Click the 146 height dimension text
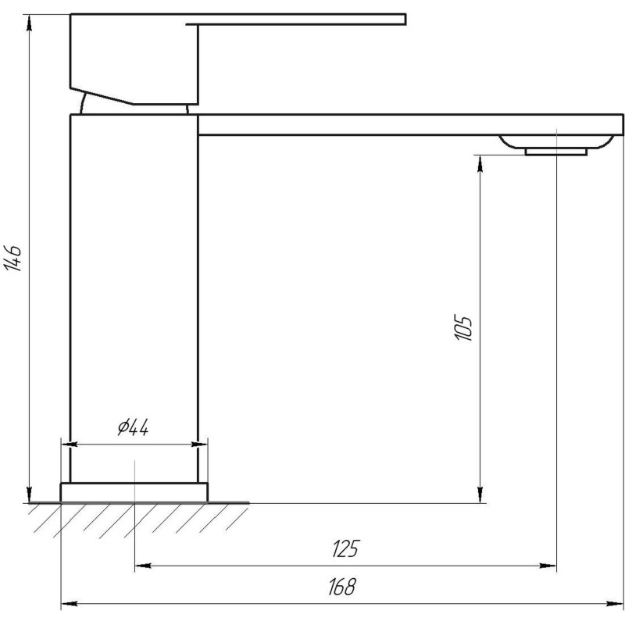pyautogui.click(x=13, y=258)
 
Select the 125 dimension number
pyautogui.click(x=345, y=549)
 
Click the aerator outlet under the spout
pyautogui.click(x=556, y=151)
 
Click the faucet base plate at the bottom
pyautogui.click(x=134, y=492)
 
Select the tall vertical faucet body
pyautogui.click(x=134, y=297)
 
